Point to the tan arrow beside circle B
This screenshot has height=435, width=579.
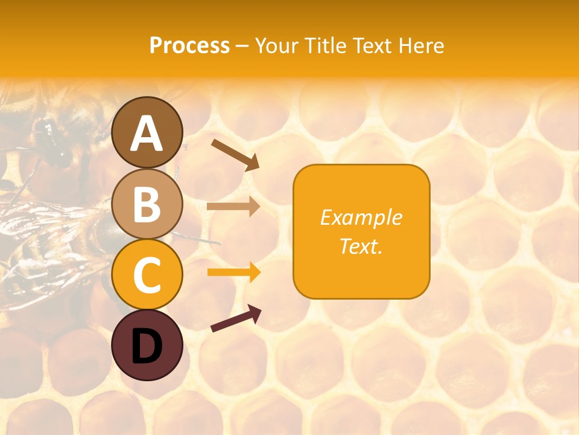point(233,207)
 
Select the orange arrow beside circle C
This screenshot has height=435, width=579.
point(233,272)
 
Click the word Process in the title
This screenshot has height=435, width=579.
point(189,46)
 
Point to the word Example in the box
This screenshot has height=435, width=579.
point(361,217)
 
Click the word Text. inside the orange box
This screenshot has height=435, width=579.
point(361,246)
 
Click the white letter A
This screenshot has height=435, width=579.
point(147,134)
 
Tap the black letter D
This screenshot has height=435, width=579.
point(147,347)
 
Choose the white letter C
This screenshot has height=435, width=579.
point(147,275)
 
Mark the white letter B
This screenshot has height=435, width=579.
point(147,205)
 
